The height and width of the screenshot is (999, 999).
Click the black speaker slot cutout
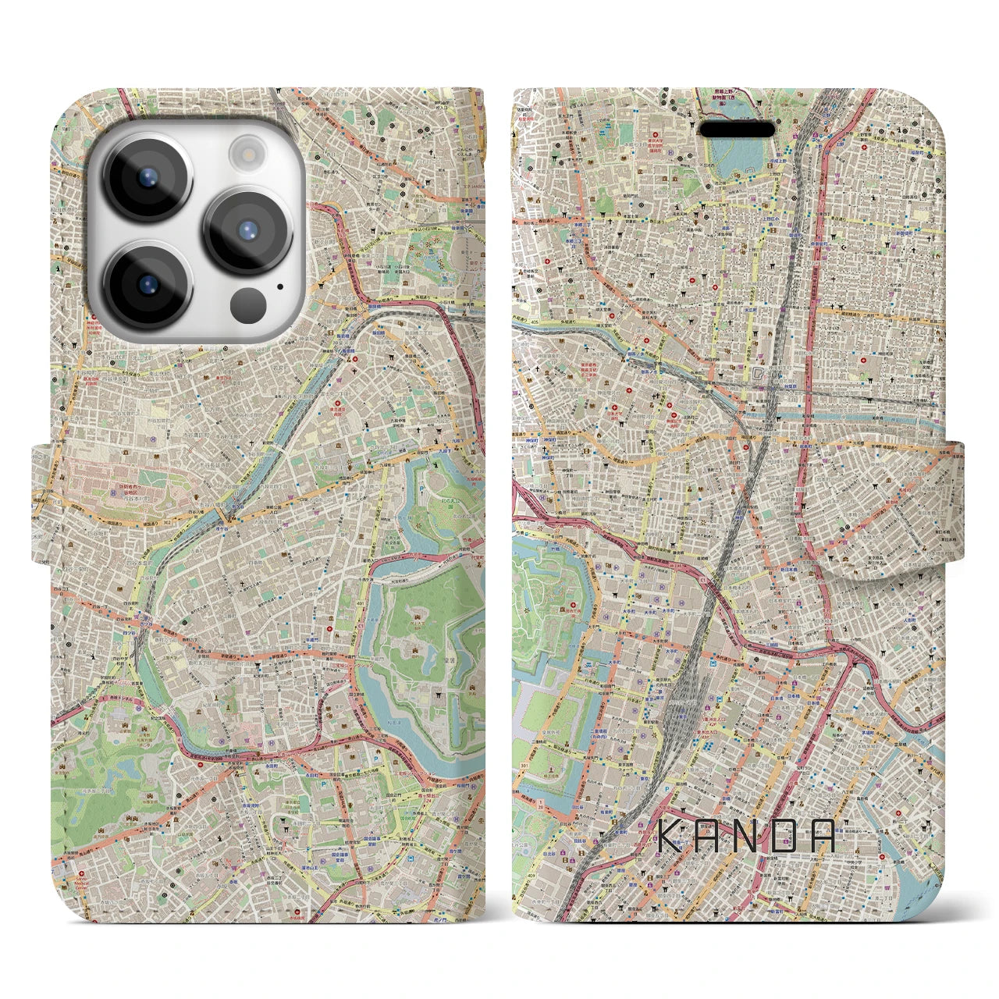(x=736, y=129)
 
